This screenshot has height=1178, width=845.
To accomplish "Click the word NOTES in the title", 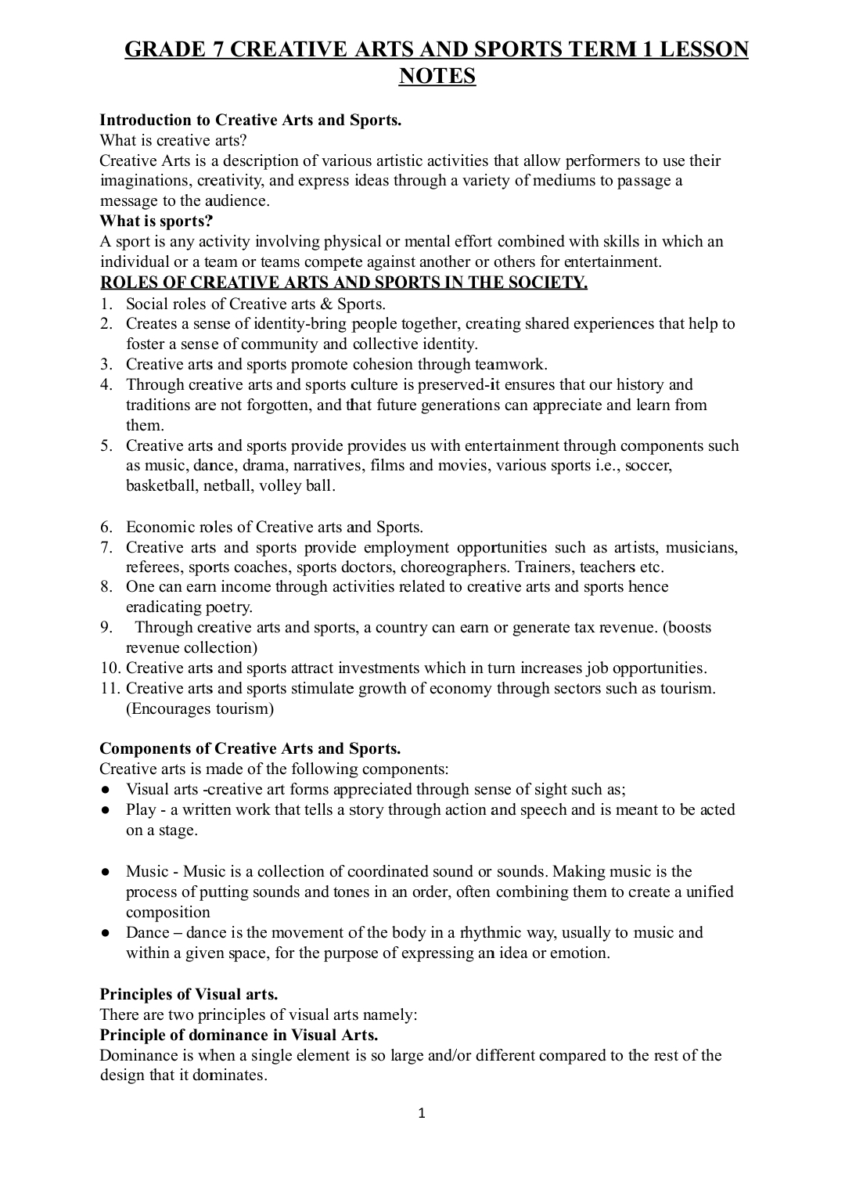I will pyautogui.click(x=437, y=76).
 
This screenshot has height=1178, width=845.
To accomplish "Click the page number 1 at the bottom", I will pyautogui.click(x=422, y=1114).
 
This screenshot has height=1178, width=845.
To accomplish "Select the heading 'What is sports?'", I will pyautogui.click(x=156, y=221).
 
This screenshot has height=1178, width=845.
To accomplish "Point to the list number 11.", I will pyautogui.click(x=110, y=688).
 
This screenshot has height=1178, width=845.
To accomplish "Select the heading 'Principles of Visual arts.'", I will pyautogui.click(x=189, y=994).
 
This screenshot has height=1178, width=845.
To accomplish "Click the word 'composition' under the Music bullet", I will pyautogui.click(x=168, y=912).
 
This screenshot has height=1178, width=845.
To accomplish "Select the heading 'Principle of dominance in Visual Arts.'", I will pyautogui.click(x=239, y=1035).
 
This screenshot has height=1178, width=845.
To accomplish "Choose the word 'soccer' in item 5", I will pyautogui.click(x=648, y=465).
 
